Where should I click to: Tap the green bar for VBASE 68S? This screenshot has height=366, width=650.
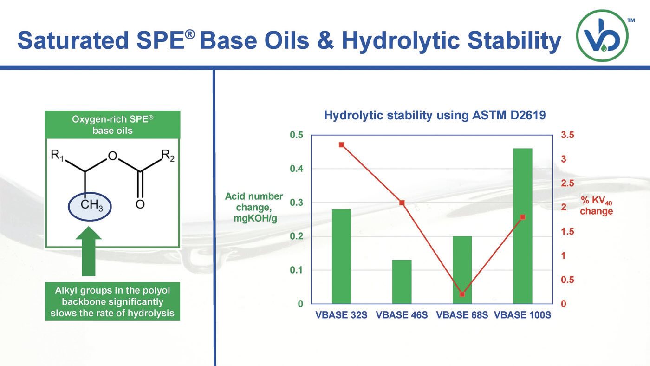pyautogui.click(x=462, y=270)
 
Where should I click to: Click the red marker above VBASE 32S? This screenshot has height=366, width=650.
pyautogui.click(x=341, y=144)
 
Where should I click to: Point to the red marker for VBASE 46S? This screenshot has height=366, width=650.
pyautogui.click(x=402, y=203)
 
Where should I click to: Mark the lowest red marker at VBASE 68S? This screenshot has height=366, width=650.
pyautogui.click(x=462, y=294)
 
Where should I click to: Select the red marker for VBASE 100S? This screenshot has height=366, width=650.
pyautogui.click(x=522, y=217)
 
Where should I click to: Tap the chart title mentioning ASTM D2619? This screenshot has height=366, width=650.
pyautogui.click(x=435, y=115)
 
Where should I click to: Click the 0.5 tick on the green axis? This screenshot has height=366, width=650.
pyautogui.click(x=297, y=135)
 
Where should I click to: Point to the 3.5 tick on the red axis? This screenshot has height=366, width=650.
pyautogui.click(x=568, y=135)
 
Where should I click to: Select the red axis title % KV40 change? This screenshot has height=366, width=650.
pyautogui.click(x=596, y=206)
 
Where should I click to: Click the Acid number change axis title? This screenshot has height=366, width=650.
pyautogui.click(x=253, y=207)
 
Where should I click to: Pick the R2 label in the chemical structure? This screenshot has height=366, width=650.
pyautogui.click(x=168, y=157)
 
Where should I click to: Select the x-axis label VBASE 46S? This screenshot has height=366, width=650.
pyautogui.click(x=402, y=315)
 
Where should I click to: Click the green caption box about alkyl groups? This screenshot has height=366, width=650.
pyautogui.click(x=112, y=302)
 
